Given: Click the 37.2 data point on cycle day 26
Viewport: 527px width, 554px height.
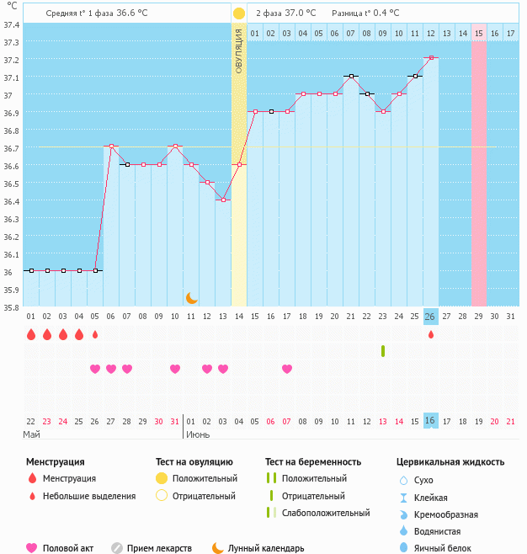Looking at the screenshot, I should coord(431,58).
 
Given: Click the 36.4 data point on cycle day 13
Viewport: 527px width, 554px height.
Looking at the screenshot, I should coord(223,200).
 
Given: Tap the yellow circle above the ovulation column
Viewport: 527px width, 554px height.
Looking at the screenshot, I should coord(239,13).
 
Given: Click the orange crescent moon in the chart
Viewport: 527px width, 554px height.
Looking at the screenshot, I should coord(192,297).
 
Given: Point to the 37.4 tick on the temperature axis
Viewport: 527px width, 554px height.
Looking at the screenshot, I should coord(12,24).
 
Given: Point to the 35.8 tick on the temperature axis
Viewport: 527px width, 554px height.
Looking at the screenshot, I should coord(12,306).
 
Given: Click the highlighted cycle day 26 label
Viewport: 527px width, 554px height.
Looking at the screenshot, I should coord(430,317).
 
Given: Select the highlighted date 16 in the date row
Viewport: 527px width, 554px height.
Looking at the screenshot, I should coord(430,421).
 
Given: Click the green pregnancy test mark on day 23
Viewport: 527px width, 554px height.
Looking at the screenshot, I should coord(383,350).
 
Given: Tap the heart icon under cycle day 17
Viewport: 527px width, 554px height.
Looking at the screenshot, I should coord(287,369).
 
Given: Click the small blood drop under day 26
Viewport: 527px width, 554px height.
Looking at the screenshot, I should coord(431,334).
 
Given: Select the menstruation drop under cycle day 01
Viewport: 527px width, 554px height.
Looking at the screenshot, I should coord(31,334).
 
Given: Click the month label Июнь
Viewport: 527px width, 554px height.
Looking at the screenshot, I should coord(199,434).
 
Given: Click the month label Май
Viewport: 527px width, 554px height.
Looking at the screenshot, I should coord(31,434).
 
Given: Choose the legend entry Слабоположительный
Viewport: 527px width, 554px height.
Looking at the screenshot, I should coord(326,513).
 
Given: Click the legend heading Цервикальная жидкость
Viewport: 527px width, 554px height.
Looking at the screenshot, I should coord(450,461).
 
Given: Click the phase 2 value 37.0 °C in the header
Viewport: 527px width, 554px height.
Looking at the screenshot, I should coord(301,13).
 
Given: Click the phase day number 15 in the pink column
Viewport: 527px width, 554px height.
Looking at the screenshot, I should coord(478,33).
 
